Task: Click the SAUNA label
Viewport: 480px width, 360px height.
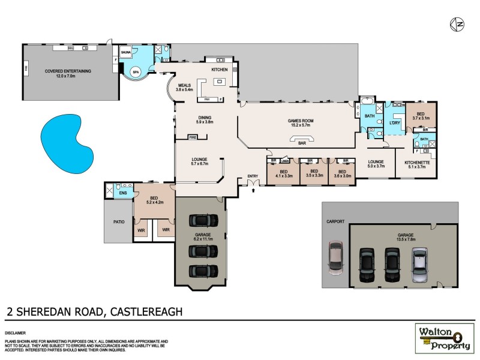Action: point(126,53)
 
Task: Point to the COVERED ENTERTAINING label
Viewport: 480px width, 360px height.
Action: point(68,71)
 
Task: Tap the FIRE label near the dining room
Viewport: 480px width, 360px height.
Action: point(193,137)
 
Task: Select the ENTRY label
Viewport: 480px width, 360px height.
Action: point(253,176)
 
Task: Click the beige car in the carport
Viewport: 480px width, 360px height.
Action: point(335,257)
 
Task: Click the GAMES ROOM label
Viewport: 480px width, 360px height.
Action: point(298,121)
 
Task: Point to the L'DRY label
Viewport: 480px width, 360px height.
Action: point(394,123)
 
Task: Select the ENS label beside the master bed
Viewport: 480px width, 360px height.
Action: point(123,193)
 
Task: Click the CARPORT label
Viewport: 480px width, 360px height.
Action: point(335,221)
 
